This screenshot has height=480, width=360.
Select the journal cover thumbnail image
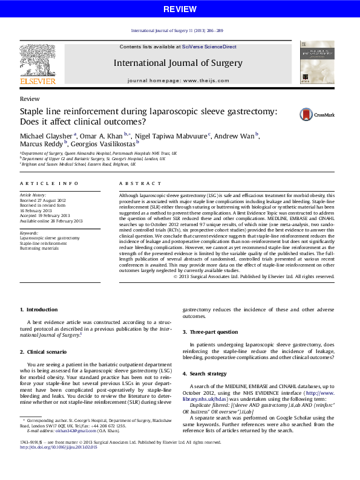(x=317, y=62)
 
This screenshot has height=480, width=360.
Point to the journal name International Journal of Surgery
(x=178, y=63)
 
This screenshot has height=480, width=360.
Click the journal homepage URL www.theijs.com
(x=205, y=80)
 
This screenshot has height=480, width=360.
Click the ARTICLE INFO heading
(x=41, y=183)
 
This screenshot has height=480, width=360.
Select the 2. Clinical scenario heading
(x=45, y=351)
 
